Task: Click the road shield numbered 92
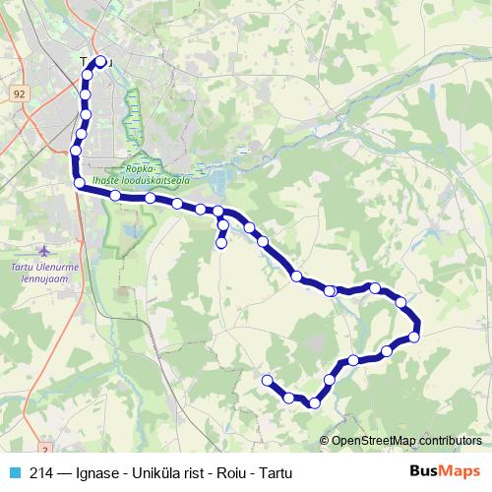pos(20,92)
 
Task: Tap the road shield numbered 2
pos(45,421)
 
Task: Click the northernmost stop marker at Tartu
pos(100,61)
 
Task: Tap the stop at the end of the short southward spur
pos(221,242)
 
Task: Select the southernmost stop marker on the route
pos(314,402)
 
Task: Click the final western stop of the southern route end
pos(268,380)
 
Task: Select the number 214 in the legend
pos(41,471)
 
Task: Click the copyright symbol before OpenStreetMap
pos(325,441)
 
